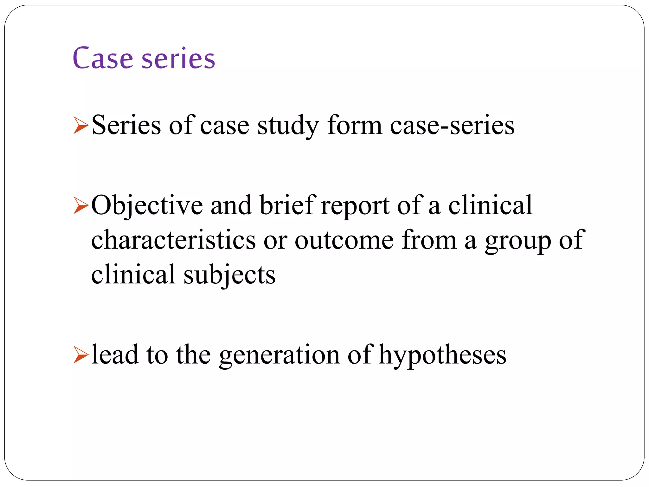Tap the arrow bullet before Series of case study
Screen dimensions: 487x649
pos(80,126)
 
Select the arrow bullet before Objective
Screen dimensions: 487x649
pos(80,205)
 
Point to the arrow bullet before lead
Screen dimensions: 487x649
pos(80,355)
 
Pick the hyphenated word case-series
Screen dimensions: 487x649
pos(452,126)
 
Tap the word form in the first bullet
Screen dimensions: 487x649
pos(355,126)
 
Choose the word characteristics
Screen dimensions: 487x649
pos(173,240)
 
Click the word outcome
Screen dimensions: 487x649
pos(344,241)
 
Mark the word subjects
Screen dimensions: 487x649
pos(229,275)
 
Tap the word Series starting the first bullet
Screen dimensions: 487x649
pos(126,126)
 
